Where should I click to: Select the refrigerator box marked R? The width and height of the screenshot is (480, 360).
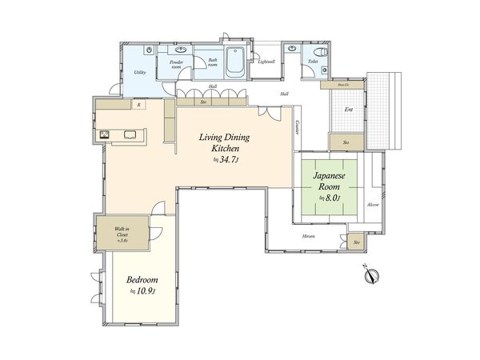(x=139, y=104)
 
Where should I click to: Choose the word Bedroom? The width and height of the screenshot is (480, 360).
(x=142, y=280)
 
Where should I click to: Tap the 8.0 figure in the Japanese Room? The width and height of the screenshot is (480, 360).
(x=331, y=197)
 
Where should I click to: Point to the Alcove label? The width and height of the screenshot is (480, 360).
(x=373, y=206)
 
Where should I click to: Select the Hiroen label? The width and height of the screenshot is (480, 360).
(x=308, y=238)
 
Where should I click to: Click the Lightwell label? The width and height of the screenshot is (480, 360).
(x=266, y=62)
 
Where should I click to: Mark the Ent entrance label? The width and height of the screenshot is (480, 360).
(x=348, y=110)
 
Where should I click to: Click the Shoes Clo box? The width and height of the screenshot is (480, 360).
(x=342, y=82)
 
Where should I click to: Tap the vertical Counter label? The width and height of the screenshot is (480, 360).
(x=297, y=127)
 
